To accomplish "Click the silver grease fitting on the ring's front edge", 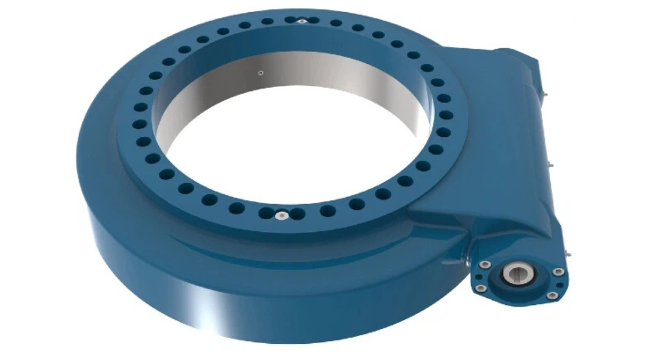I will [281, 216].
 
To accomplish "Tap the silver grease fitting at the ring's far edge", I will [301, 21].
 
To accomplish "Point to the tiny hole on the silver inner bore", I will [260, 73].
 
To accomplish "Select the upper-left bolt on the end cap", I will [483, 264].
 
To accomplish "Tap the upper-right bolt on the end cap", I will [558, 271].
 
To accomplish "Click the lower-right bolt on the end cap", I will [552, 295].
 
